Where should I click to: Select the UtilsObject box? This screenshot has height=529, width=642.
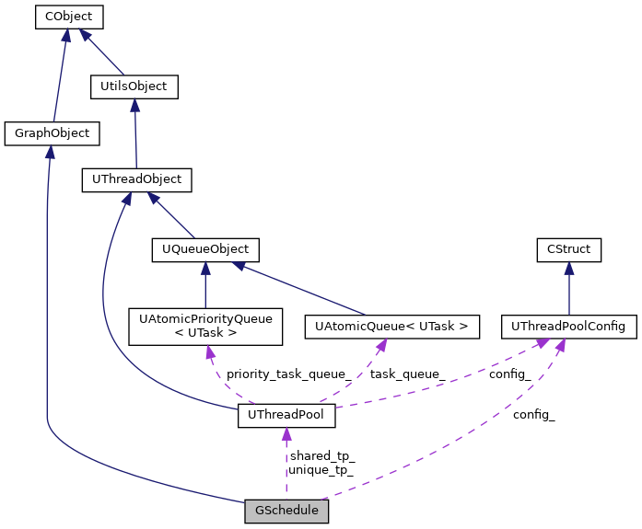pos(133,86)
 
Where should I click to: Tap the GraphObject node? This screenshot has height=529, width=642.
pos(53,133)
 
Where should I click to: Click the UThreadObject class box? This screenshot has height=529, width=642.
pos(136,179)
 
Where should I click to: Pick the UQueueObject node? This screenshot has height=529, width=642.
pos(205,249)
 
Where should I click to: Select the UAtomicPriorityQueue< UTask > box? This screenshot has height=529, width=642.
pos(205,326)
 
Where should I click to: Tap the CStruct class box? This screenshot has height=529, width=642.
pos(569,249)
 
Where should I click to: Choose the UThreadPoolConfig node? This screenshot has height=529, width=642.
pos(568,326)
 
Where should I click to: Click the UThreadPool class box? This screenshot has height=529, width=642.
pos(286,416)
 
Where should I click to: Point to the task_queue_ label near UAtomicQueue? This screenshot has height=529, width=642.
pos(407,374)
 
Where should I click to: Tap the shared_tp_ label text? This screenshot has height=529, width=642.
pos(322,455)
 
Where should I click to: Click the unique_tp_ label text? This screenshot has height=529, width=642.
pos(321,470)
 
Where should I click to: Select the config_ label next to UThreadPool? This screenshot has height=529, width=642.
pos(509,374)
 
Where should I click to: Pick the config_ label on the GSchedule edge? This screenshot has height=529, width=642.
pos(534,415)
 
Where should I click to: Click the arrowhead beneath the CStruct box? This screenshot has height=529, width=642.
pos(569,269)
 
